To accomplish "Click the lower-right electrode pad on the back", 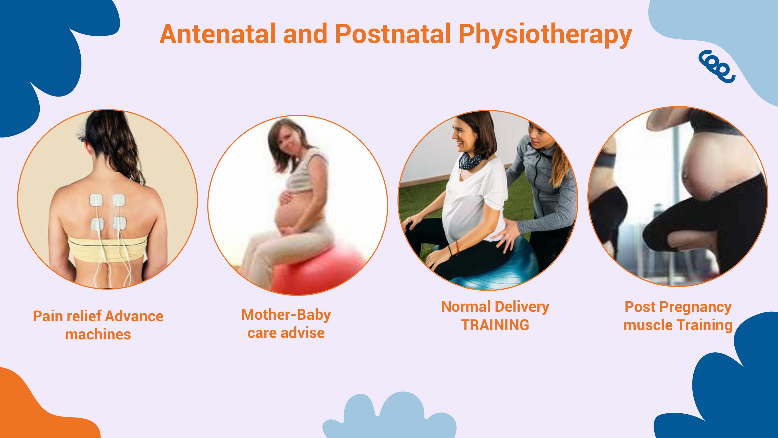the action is click(x=120, y=224).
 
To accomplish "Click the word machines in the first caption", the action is click(x=98, y=335).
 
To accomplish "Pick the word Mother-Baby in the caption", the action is click(x=286, y=315).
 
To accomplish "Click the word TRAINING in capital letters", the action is click(x=495, y=325).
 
